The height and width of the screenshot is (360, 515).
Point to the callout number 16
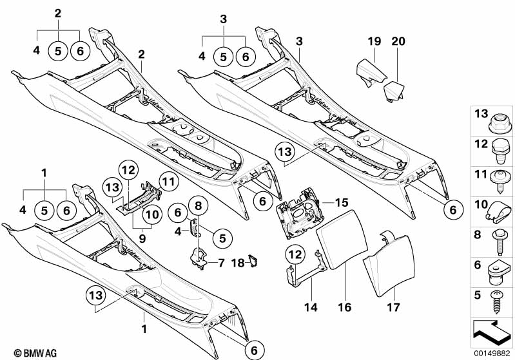(345, 307)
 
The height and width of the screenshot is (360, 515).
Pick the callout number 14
(311, 307)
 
